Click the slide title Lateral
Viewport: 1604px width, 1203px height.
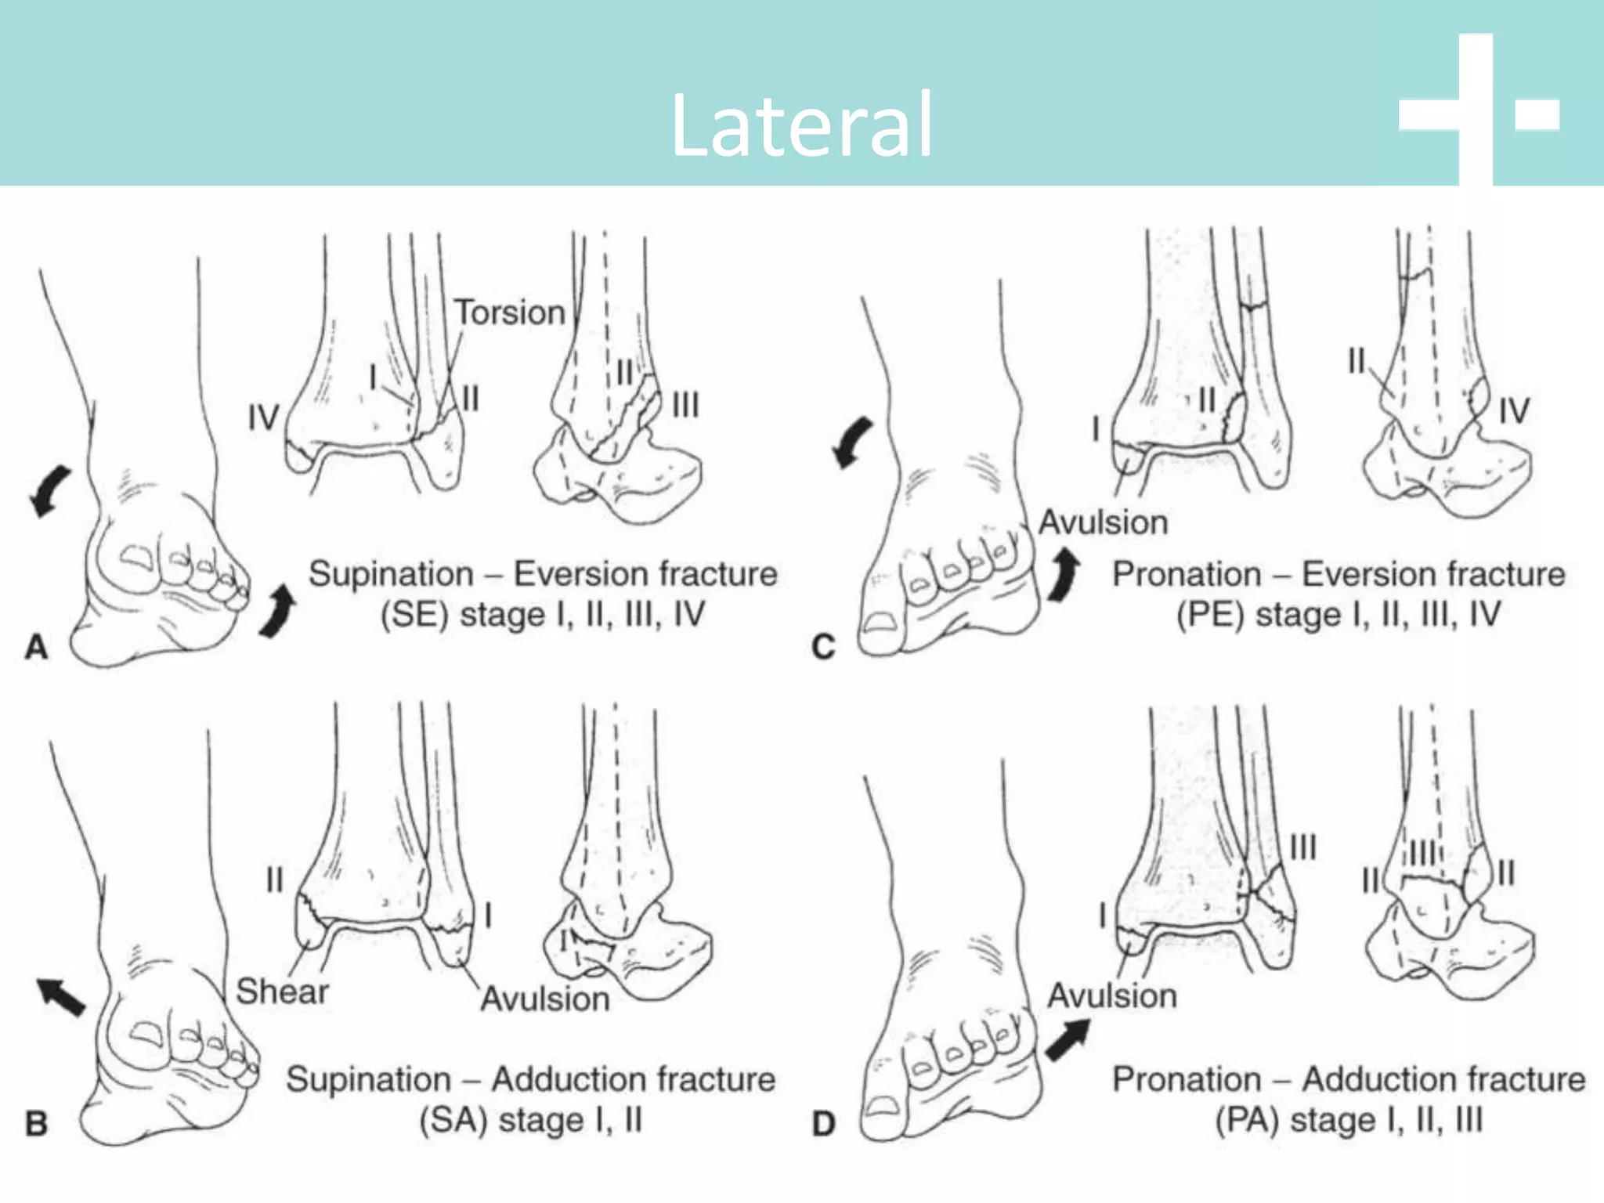801,125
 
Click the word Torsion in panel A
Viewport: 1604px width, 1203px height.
510,312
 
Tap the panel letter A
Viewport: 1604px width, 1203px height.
36,648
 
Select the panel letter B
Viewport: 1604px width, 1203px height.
36,1124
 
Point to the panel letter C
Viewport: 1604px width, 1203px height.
823,648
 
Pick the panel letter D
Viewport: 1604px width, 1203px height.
823,1124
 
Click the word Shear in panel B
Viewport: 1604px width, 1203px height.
282,992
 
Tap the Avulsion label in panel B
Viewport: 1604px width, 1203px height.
545,999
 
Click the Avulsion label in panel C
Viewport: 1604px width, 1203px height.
1103,522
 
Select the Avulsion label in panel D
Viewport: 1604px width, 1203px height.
1112,995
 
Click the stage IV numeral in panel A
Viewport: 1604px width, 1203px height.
263,418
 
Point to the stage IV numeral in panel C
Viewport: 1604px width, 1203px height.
1513,411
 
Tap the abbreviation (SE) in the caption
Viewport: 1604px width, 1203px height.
414,615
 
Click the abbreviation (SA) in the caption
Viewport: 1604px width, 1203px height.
452,1121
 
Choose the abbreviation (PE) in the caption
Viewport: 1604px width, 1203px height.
1209,615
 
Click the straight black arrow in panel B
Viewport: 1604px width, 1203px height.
61,997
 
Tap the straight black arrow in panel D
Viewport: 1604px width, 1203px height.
1067,1040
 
